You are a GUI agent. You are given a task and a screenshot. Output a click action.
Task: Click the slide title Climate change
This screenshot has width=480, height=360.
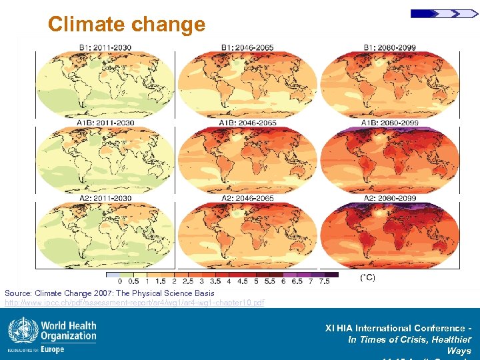pos(127,25)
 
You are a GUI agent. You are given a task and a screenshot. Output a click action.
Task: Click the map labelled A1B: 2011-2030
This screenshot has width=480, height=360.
pos(105,161)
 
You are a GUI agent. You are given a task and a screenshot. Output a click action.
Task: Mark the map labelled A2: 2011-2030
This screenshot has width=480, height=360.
pos(105,236)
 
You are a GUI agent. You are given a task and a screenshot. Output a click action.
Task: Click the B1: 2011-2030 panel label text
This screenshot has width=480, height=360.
pos(105,47)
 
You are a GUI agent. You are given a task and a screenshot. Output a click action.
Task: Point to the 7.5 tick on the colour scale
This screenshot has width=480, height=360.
pos(325,281)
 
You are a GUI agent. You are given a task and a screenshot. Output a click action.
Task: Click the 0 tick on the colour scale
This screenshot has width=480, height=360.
pos(119,281)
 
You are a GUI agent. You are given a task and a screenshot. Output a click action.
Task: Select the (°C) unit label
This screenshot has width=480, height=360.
pos(367,277)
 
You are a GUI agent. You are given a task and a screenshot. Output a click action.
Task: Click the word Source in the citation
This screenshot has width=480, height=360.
pos(17,293)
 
